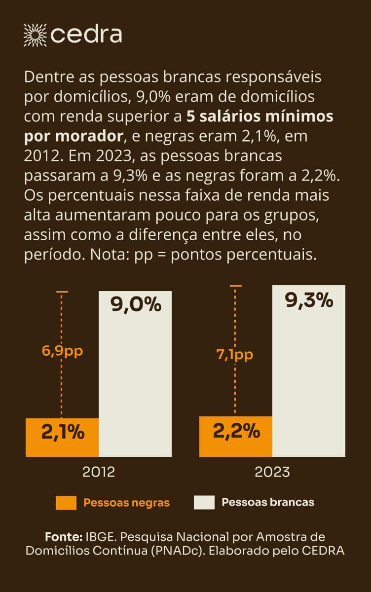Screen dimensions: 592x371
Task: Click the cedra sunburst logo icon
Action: tap(35, 34)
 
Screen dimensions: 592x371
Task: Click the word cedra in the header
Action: tap(86, 35)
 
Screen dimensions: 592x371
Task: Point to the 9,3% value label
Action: tap(309, 300)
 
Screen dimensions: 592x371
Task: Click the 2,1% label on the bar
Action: tap(63, 433)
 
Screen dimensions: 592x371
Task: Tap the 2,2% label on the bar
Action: tap(236, 432)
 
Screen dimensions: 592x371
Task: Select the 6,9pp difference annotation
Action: tap(62, 351)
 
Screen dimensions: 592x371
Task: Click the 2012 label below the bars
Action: tap(99, 472)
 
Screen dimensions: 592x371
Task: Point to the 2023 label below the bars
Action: tap(272, 472)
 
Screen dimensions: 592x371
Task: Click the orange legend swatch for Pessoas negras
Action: tap(66, 503)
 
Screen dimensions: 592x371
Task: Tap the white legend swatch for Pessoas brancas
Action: tap(204, 503)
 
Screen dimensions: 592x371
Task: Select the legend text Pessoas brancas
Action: tap(268, 502)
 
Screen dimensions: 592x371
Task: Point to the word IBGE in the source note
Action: tap(102, 537)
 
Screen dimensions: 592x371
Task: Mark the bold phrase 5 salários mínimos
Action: tap(260, 116)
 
